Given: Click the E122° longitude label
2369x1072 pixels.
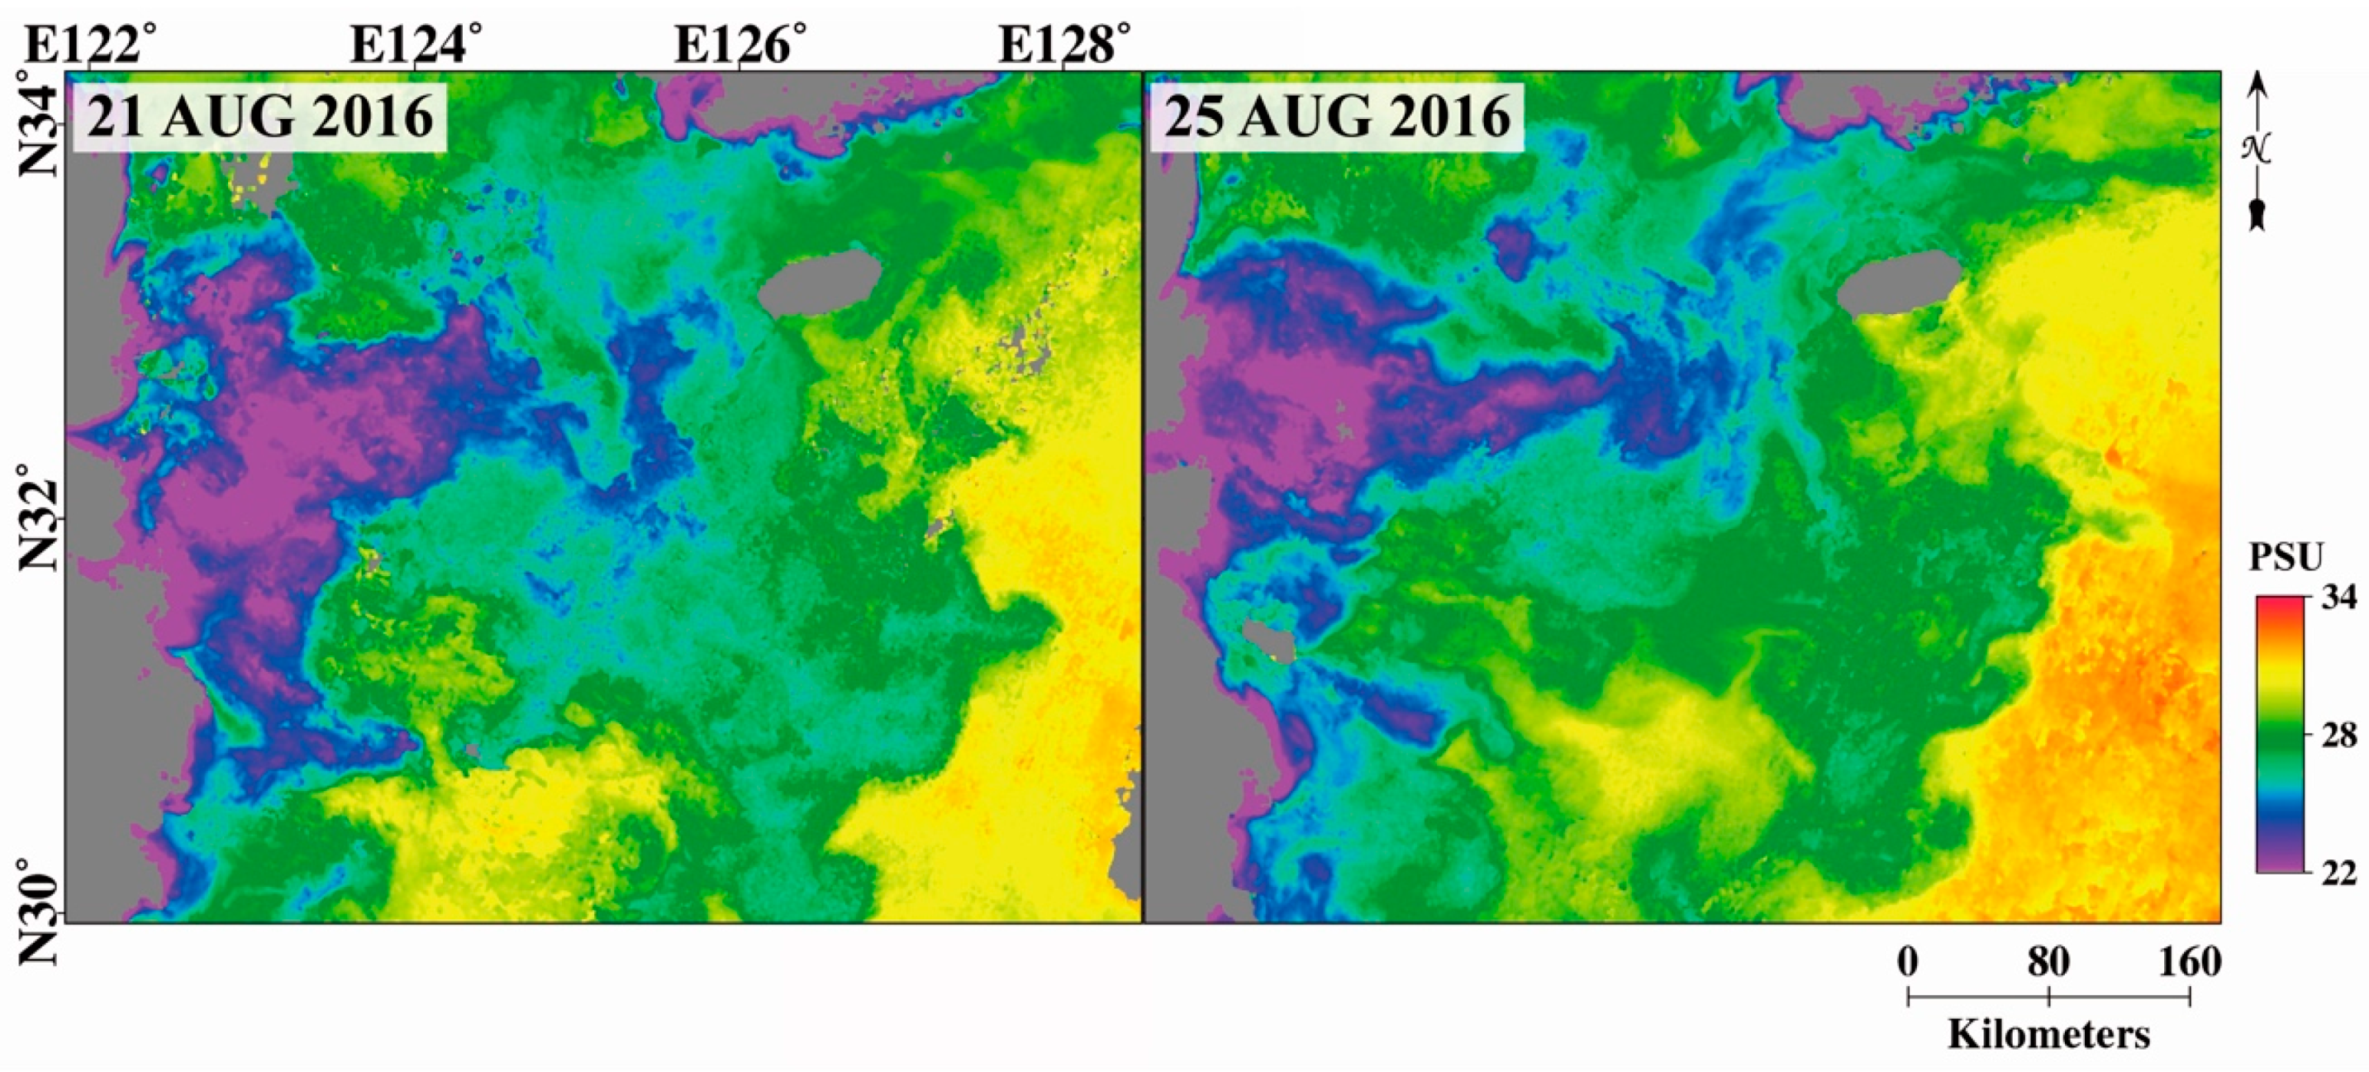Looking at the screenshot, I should [x=90, y=43].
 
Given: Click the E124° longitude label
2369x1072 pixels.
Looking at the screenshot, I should [x=416, y=43].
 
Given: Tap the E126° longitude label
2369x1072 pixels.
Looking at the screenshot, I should [x=740, y=43].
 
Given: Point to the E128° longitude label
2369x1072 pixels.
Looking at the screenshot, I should [x=1064, y=43].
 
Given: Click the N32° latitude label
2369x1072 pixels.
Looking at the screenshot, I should [x=39, y=517].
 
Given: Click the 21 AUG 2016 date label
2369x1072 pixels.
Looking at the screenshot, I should [x=260, y=118].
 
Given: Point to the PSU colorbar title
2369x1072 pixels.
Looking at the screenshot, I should [x=2286, y=558].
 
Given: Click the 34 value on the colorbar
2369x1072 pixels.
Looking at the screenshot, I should [x=2338, y=599].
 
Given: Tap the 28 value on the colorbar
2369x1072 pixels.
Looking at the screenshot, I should [x=2338, y=736].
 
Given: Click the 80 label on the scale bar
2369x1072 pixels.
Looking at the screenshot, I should [x=2049, y=963].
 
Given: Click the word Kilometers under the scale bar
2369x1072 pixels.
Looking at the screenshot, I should [x=2049, y=1034].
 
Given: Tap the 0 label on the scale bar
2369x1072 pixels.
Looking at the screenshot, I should [x=1908, y=963].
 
